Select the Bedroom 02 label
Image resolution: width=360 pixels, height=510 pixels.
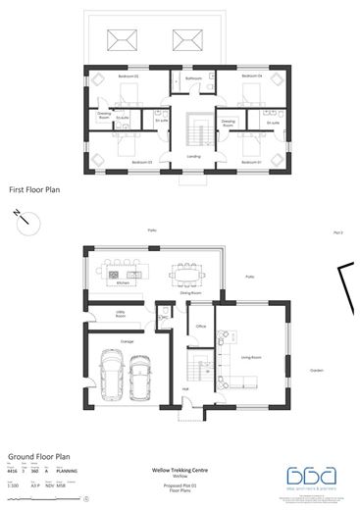129,76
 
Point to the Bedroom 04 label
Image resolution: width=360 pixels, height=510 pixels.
253,76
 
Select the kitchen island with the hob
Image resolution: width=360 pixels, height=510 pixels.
126,273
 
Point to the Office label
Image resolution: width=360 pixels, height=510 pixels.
199,326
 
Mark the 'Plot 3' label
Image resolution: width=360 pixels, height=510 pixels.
339,232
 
